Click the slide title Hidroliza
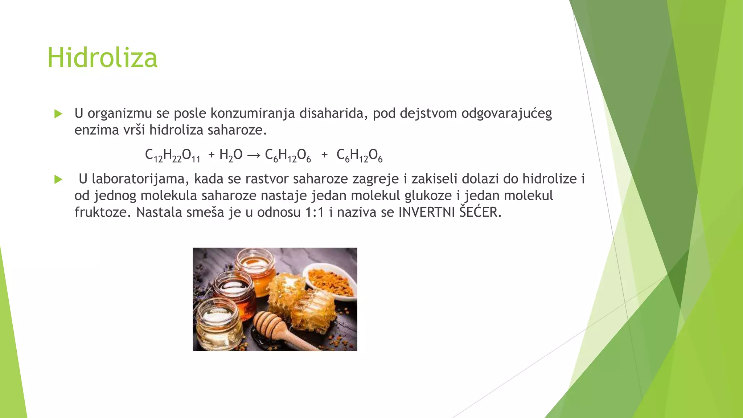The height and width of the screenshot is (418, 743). pyautogui.click(x=102, y=58)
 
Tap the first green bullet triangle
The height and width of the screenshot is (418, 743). pyautogui.click(x=58, y=114)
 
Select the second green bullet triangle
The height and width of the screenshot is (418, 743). pyautogui.click(x=58, y=179)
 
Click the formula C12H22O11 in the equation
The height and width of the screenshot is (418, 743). pyautogui.click(x=172, y=155)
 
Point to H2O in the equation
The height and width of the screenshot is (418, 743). pyautogui.click(x=231, y=155)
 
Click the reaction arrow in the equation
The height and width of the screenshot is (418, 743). pyautogui.click(x=254, y=155)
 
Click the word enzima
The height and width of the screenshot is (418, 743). pyautogui.click(x=97, y=130)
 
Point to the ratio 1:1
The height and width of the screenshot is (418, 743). pyautogui.click(x=314, y=212)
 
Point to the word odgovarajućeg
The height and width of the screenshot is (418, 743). pyautogui.click(x=506, y=114)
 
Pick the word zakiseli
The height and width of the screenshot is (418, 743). pyautogui.click(x=434, y=179)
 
